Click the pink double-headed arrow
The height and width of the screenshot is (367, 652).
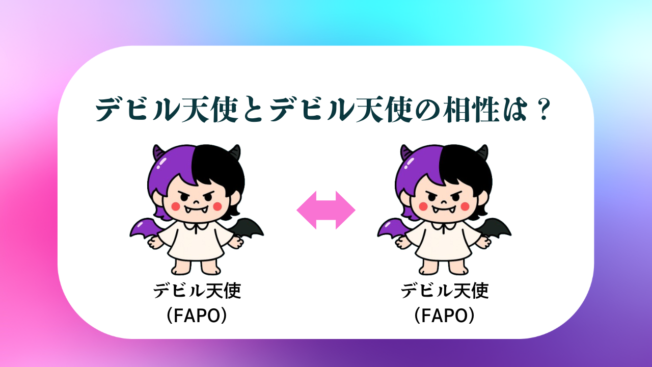[325, 210]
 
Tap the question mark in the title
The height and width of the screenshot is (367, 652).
[542, 110]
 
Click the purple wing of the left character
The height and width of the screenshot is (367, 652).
[146, 229]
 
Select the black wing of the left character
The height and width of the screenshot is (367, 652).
[248, 228]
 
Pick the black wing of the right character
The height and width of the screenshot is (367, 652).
[495, 228]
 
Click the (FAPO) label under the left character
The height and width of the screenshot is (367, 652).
[197, 316]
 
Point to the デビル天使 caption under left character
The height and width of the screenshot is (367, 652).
[197, 291]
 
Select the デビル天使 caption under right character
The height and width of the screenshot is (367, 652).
[445, 291]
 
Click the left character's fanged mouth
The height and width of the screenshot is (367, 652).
[197, 209]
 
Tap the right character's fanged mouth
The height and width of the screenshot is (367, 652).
[444, 209]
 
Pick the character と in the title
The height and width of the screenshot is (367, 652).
[253, 110]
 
